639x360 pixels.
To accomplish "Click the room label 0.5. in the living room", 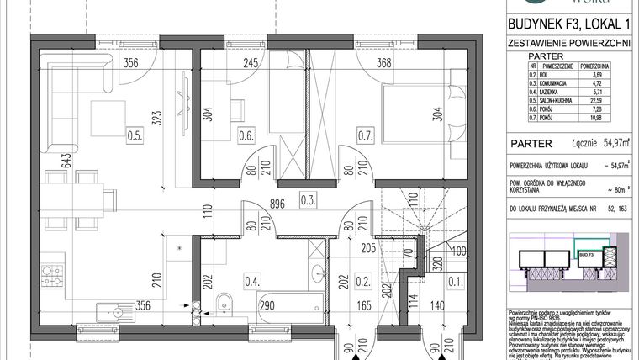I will tap(132, 132).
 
